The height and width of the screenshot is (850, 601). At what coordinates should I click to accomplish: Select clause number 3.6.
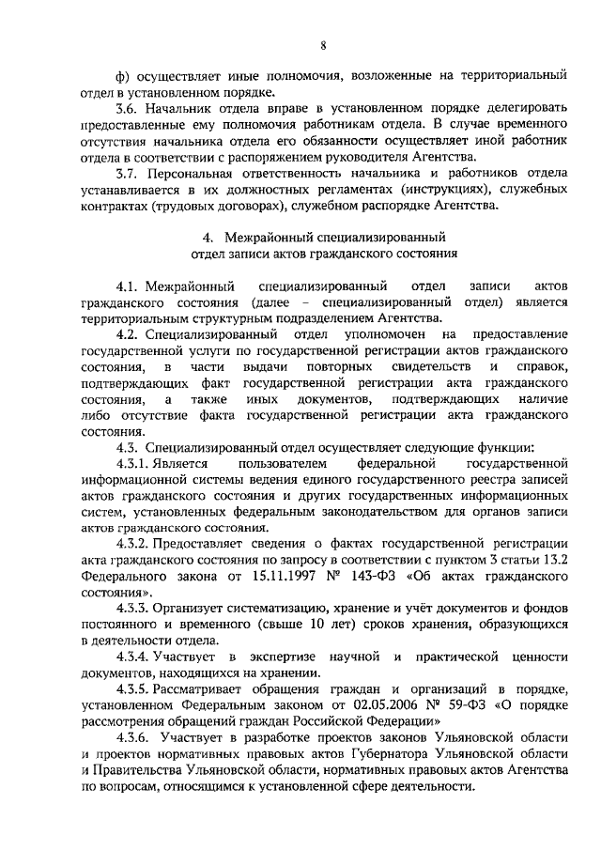point(129,109)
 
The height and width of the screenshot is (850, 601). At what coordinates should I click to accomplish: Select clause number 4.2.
point(129,334)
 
